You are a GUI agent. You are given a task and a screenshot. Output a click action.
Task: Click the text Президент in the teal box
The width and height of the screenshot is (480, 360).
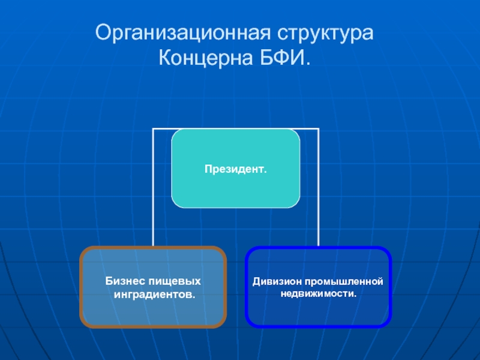tap(234, 170)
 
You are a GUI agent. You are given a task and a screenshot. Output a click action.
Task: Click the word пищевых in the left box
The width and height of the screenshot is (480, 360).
tap(177, 281)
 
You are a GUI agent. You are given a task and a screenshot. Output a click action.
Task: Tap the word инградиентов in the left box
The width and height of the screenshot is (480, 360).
tap(153, 295)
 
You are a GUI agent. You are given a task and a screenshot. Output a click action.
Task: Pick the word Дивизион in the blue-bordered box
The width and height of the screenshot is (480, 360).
tap(275, 281)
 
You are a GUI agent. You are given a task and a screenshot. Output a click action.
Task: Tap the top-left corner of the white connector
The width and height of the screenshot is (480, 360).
tap(154, 129)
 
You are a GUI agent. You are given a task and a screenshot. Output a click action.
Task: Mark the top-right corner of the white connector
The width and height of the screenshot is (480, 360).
tap(318, 129)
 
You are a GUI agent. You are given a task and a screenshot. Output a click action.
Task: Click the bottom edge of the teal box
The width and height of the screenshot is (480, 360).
tap(235, 207)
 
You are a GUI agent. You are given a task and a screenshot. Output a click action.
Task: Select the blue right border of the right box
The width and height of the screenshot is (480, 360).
tap(390, 287)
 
